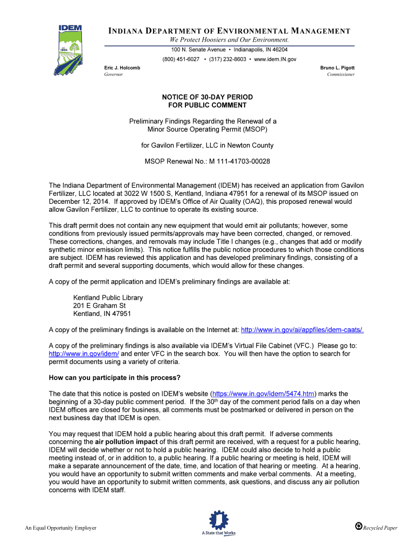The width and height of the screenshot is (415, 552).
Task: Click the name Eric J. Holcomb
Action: pyautogui.click(x=122, y=67)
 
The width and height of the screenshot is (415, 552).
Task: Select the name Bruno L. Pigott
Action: pyautogui.click(x=337, y=67)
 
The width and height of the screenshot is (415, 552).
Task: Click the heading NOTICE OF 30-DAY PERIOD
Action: pyautogui.click(x=207, y=97)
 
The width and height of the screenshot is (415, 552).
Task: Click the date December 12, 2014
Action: pyautogui.click(x=75, y=202)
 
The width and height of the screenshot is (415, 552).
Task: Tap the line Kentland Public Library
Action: pyautogui.click(x=108, y=298)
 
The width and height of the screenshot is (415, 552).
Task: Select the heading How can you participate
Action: pyautogui.click(x=114, y=377)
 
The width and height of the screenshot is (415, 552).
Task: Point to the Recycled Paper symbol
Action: pyautogui.click(x=358, y=526)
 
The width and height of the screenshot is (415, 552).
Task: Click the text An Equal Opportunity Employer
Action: pyautogui.click(x=61, y=528)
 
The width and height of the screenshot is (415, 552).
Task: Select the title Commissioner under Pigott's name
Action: pyautogui.click(x=341, y=74)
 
